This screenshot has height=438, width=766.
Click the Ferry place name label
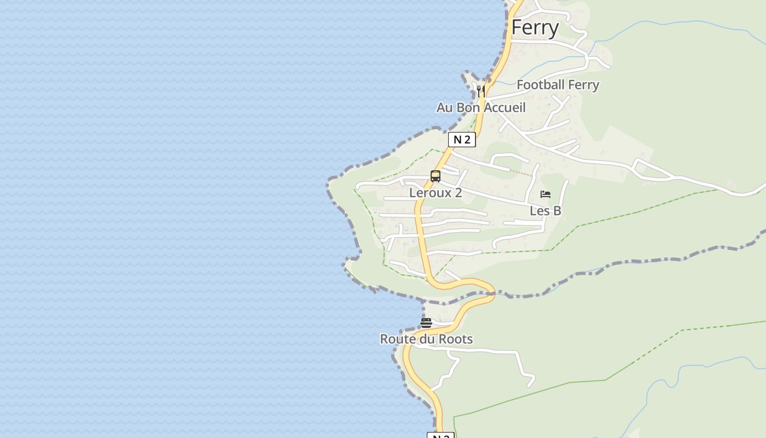point(535,28)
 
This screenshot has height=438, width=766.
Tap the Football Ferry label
point(558,85)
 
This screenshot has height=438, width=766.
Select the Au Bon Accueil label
point(480,108)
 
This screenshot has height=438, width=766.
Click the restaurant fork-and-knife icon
point(480,90)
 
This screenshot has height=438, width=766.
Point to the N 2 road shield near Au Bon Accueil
point(462,140)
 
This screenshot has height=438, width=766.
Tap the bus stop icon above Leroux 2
point(436,176)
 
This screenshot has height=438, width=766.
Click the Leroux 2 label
point(436,193)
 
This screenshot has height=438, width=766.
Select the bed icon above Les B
point(545,194)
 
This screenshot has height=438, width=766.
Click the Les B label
point(545,211)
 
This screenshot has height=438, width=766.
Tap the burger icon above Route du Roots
point(426,322)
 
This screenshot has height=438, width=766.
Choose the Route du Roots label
point(426,339)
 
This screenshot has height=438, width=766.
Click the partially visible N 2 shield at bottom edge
point(440,435)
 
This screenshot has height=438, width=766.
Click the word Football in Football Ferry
point(541,85)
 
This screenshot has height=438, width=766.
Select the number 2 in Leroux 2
point(458,193)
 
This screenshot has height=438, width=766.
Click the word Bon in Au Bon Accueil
point(468,108)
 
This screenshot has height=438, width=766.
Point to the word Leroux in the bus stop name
point(430,193)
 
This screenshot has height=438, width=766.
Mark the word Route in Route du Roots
point(397,339)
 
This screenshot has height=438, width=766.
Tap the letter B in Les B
point(556,211)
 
